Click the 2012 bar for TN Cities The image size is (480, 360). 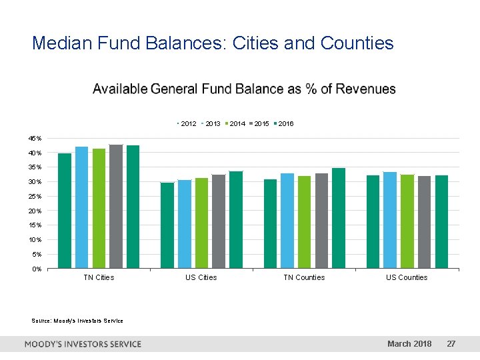[65, 211]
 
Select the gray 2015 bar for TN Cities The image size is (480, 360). [116, 207]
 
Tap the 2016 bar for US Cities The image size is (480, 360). [236, 220]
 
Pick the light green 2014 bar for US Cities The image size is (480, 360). [201, 223]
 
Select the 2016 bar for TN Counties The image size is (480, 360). [339, 218]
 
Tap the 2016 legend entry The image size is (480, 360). [284, 124]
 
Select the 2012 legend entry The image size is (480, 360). [187, 124]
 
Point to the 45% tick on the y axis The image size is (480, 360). [35, 139]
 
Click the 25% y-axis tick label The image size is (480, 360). [35, 197]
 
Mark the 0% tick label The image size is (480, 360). [37, 269]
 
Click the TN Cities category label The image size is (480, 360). [99, 277]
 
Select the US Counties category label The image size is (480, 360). [407, 277]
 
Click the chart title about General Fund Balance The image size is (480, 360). [244, 89]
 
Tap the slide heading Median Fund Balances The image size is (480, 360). [213, 43]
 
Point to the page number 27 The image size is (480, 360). [451, 344]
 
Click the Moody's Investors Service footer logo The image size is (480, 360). [83, 344]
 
